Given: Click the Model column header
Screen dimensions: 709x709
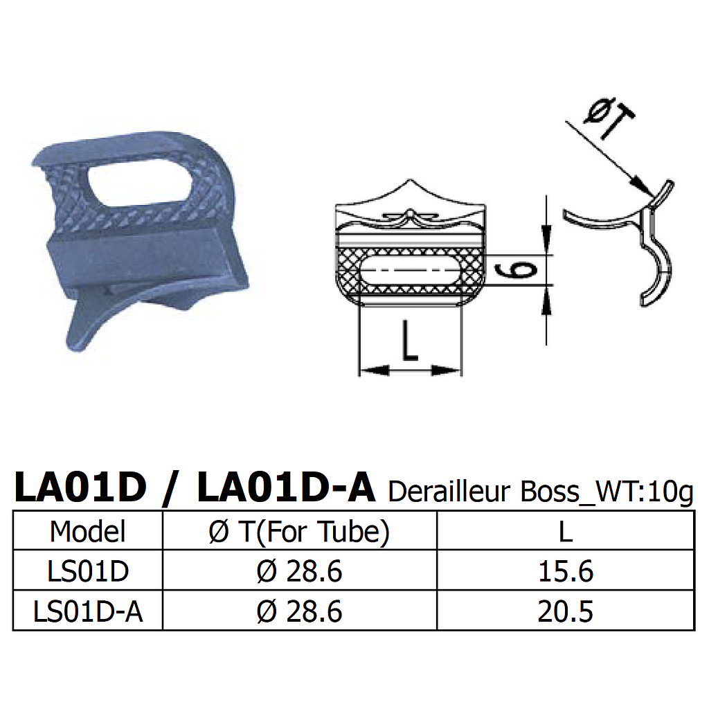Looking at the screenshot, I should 88,532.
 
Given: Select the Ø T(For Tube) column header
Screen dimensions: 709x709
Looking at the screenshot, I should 299,532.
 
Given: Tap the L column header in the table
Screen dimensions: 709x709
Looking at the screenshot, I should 565,532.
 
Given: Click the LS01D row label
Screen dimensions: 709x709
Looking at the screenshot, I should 88,572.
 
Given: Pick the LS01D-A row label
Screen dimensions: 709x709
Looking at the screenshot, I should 88,611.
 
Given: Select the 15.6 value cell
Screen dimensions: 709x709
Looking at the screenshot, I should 565,572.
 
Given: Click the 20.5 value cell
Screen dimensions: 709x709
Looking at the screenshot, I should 565,611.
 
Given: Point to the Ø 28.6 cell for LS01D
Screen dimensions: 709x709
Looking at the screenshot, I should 299,572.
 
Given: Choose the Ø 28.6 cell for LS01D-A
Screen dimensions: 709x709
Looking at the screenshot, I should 299,611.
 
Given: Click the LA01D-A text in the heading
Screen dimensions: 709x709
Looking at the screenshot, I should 286,487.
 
